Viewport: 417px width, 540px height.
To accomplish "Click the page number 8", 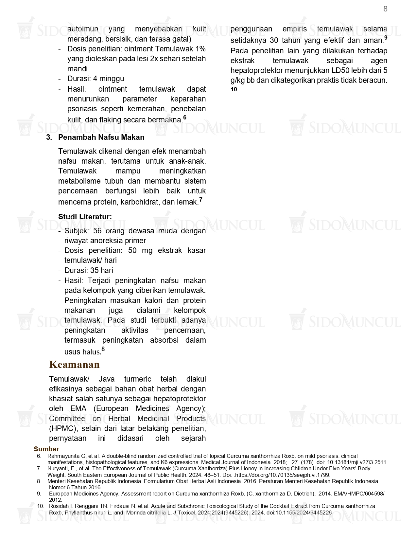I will [385, 9].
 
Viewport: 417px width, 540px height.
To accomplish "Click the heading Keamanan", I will [74, 365].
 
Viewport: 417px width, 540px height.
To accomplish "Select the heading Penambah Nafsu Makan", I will [101, 137].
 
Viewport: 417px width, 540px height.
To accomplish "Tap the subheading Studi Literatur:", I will [85, 217].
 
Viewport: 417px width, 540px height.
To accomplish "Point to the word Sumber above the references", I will [46, 449].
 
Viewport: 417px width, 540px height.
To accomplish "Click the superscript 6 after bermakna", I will [185, 117].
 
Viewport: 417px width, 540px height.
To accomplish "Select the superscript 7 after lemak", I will [200, 199].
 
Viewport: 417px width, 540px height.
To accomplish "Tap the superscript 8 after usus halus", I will [103, 349].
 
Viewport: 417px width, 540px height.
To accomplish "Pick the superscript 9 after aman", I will [386, 38].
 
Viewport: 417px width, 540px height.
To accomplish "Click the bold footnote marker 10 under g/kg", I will [234, 89].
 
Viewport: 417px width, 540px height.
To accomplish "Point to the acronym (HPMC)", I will [63, 428].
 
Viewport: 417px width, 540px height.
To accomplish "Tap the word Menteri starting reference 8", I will [57, 481].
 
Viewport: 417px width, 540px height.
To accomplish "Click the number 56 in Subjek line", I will [97, 231].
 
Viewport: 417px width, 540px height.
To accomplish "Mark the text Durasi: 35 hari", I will [89, 270].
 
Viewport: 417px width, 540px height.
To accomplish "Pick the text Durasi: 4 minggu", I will [96, 79].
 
